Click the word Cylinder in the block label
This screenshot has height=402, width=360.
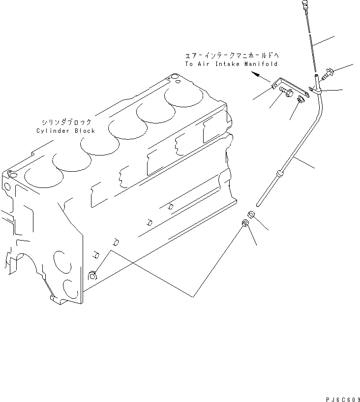point(51,131)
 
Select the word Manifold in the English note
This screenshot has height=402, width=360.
point(262,64)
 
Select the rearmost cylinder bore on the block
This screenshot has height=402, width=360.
point(183,95)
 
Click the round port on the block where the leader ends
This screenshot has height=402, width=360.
point(93,274)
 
